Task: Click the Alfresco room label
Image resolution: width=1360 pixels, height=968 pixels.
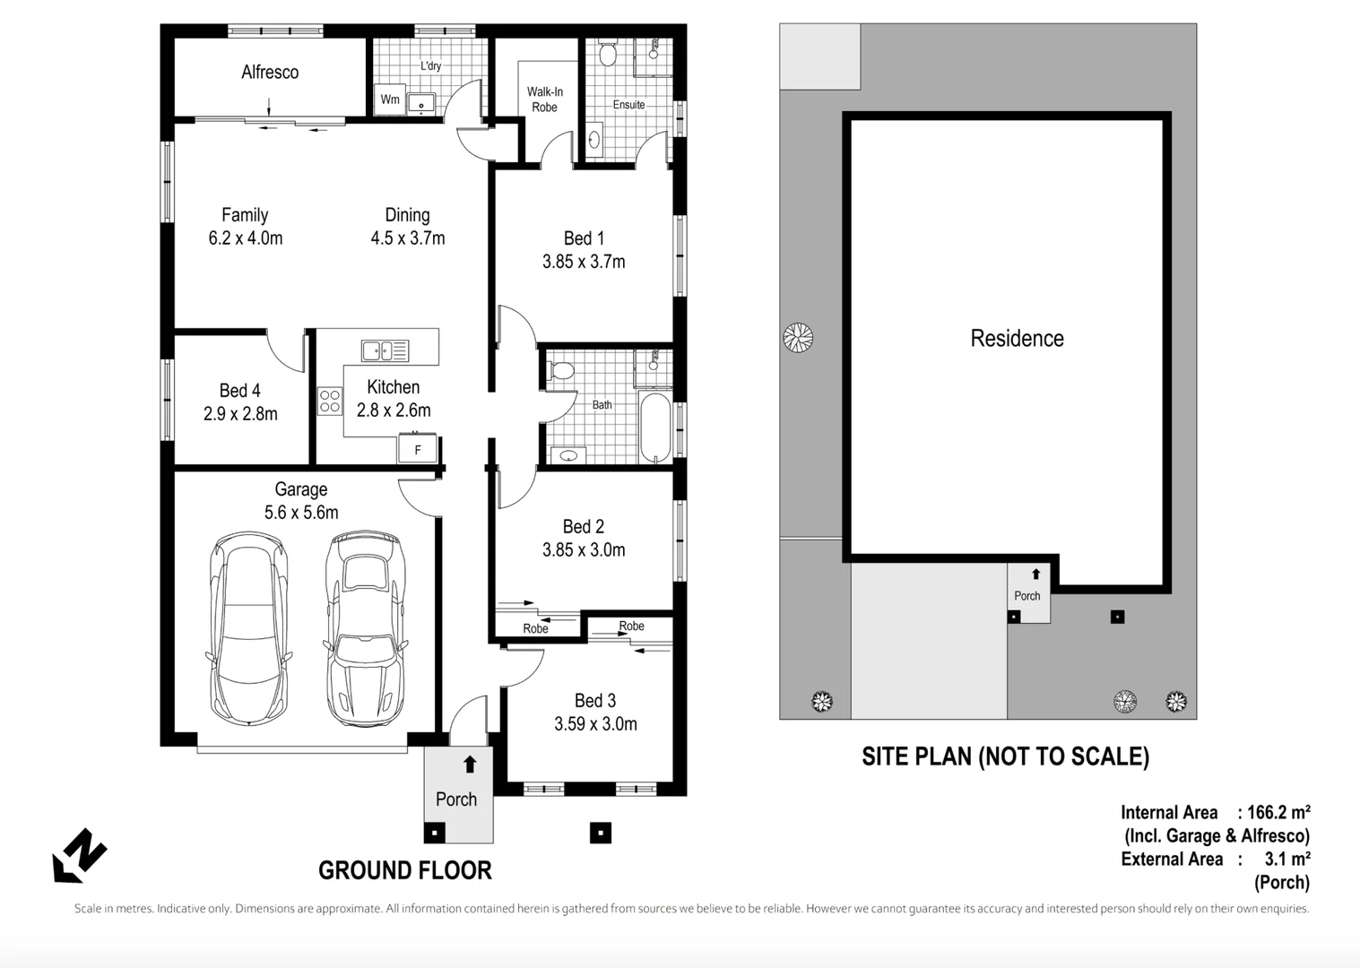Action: tap(270, 73)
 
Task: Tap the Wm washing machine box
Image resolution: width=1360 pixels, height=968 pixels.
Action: tap(390, 99)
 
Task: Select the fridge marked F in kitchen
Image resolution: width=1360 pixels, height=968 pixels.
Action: tap(418, 449)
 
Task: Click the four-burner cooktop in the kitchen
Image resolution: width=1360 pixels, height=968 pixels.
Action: tap(330, 401)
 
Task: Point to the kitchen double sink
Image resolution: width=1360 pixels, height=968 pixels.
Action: tap(385, 350)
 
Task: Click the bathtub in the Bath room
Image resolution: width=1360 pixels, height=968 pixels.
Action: tap(655, 428)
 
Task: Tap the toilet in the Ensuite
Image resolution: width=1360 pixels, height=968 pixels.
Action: tap(608, 56)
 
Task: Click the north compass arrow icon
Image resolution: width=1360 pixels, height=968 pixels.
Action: tap(79, 855)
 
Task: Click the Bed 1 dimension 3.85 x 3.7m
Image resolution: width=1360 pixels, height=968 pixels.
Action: tap(584, 262)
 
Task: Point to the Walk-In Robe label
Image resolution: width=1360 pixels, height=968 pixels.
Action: tap(544, 99)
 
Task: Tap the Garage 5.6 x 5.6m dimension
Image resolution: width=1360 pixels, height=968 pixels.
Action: tap(301, 513)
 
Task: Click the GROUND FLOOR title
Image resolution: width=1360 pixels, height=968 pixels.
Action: tap(405, 870)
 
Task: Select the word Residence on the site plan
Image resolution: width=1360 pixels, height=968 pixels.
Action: tap(1017, 339)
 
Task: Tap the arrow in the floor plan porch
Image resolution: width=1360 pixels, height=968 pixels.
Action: tap(470, 765)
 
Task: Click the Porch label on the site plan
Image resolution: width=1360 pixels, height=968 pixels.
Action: tap(1027, 596)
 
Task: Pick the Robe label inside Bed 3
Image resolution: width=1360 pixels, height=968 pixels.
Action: tap(631, 627)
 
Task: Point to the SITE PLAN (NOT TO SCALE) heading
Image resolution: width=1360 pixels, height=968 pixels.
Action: tap(1005, 756)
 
